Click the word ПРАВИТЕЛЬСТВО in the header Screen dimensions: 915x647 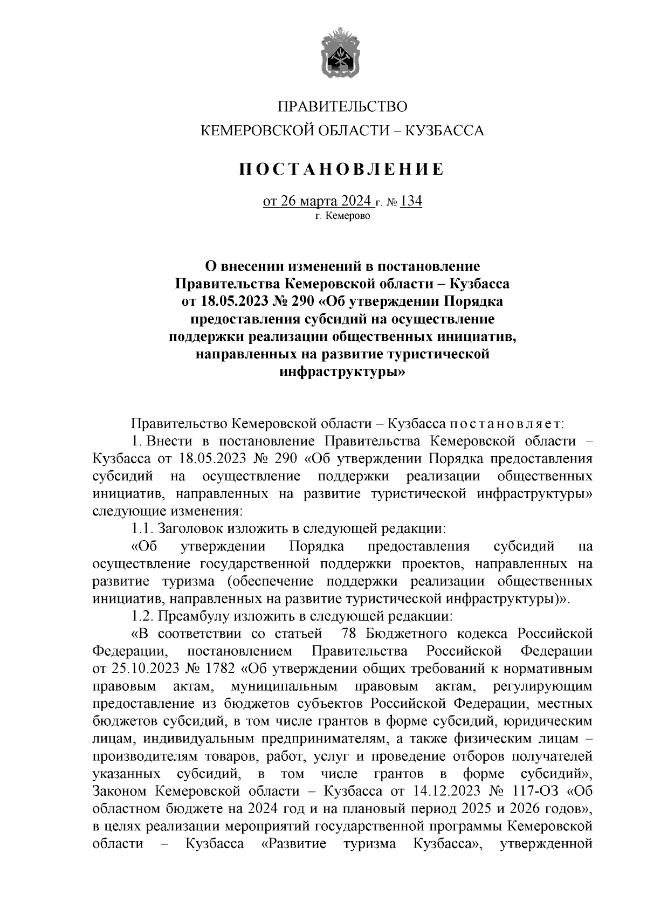pyautogui.click(x=342, y=107)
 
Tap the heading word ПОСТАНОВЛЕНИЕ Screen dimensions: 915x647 pyautogui.click(x=342, y=169)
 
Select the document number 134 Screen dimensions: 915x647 pyautogui.click(x=412, y=201)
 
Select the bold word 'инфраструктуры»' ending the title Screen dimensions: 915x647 pyautogui.click(x=342, y=371)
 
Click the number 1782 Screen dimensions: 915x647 pyautogui.click(x=220, y=669)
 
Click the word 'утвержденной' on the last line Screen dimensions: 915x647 pyautogui.click(x=546, y=843)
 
